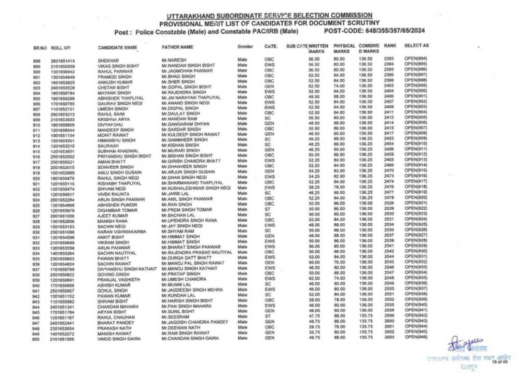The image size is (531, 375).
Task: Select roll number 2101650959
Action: pyautogui.click(x=62, y=66)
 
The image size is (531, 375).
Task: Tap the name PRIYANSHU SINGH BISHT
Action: pyautogui.click(x=124, y=155)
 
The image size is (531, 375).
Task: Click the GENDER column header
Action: pyautogui.click(x=245, y=47)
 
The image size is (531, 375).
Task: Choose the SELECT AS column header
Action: pyautogui.click(x=416, y=46)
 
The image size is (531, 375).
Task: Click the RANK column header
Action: pyautogui.click(x=390, y=46)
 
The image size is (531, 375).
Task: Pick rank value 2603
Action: pyautogui.click(x=390, y=337)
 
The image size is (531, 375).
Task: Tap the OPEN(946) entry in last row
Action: pyautogui.click(x=415, y=337)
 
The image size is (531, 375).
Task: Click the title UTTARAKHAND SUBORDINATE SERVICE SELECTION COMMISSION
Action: pyautogui.click(x=270, y=16)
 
